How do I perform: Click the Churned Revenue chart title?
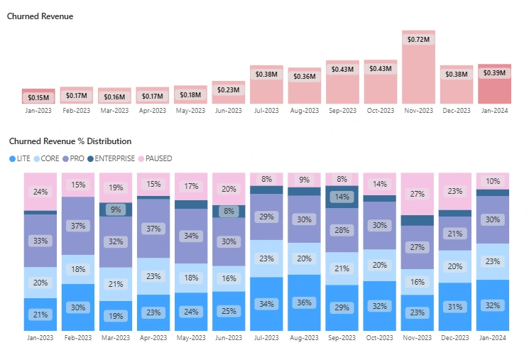point(40,16)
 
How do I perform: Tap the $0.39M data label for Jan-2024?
point(493,73)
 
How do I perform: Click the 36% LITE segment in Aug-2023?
point(304,302)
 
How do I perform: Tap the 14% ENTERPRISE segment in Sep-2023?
point(342,197)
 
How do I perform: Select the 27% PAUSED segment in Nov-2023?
point(418,194)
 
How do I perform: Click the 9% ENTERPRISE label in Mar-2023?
point(115,209)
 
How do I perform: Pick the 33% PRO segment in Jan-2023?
point(40,241)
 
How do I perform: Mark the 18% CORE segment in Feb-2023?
point(77,269)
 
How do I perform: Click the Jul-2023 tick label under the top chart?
point(266,111)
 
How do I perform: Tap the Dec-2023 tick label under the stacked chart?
point(456,339)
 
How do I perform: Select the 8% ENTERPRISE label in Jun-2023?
point(229,211)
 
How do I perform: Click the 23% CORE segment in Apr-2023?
point(153,276)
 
